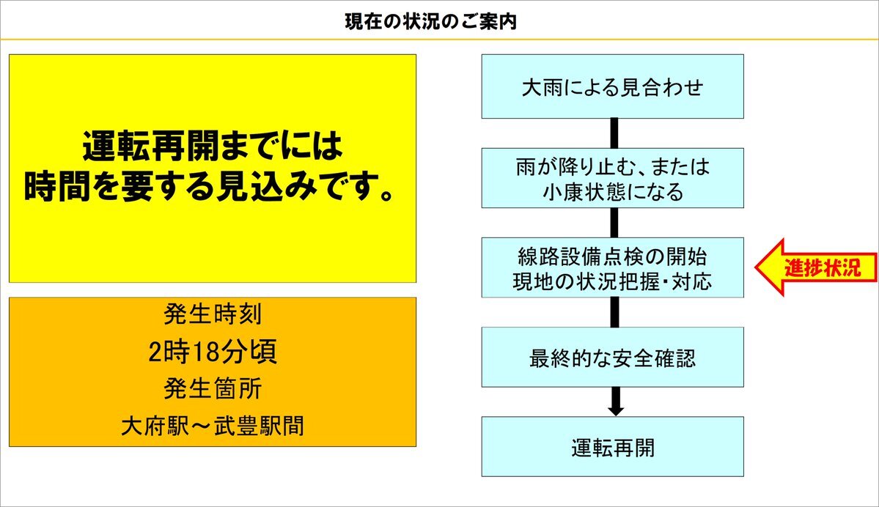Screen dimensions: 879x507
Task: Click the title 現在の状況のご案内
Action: coord(430,22)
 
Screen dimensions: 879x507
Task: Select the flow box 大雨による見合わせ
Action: coord(613,86)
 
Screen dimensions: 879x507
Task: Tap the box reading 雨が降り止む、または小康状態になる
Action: coord(613,178)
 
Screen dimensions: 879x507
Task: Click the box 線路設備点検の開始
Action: coord(613,267)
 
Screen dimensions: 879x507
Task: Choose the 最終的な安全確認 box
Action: coord(613,357)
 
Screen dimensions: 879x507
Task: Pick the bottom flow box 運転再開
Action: coord(613,446)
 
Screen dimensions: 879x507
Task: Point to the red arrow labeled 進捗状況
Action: coord(816,267)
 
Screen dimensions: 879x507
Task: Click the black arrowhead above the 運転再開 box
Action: coord(616,410)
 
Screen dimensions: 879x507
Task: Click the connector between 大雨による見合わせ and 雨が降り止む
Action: coord(614,133)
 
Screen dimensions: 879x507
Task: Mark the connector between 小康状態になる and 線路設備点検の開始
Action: coord(614,223)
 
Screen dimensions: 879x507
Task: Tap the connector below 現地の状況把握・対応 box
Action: coord(614,312)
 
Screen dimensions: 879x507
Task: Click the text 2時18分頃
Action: coord(213,352)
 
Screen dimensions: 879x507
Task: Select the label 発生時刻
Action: coord(213,314)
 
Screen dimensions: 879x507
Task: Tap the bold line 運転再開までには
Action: coord(213,147)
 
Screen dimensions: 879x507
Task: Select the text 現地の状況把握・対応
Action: coord(613,281)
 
